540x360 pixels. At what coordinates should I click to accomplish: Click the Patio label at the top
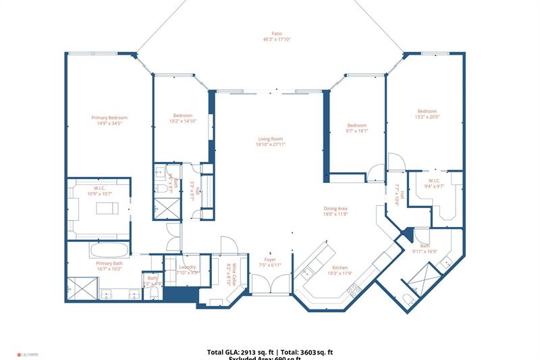[277, 33]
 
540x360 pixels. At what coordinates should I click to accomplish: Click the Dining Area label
[335, 209]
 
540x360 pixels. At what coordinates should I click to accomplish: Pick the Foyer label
[269, 259]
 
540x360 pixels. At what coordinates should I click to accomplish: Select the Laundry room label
[187, 267]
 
